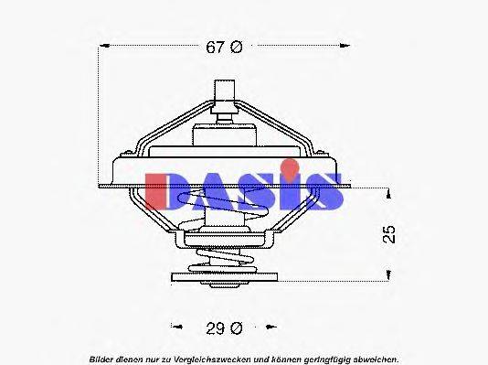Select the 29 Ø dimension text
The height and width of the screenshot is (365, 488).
coord(223,326)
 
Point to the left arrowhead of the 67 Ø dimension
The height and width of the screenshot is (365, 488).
coord(101,48)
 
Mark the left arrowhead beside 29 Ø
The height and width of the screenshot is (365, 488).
coord(174,326)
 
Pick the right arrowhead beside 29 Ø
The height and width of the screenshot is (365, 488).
coord(271,326)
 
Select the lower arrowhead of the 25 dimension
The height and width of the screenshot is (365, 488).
coord(388,274)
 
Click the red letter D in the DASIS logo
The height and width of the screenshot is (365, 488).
coord(166,190)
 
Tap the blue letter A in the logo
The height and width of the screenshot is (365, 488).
coord(208,190)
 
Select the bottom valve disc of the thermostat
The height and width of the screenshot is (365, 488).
coord(222,274)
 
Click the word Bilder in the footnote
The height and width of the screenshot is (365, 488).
coord(102,356)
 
